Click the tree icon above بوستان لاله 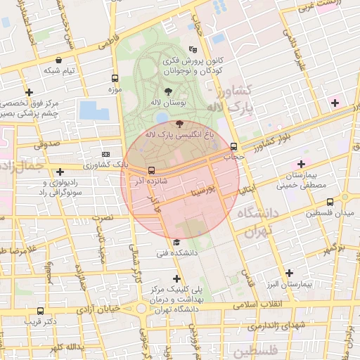[167, 91]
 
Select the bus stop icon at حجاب [233, 146]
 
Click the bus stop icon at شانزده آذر [151, 170]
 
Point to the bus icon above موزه [115, 78]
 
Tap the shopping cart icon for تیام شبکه [69, 59]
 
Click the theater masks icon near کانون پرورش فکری [193, 49]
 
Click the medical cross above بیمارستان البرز [289, 273]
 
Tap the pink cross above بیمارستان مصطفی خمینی [301, 163]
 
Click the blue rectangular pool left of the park [94, 110]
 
